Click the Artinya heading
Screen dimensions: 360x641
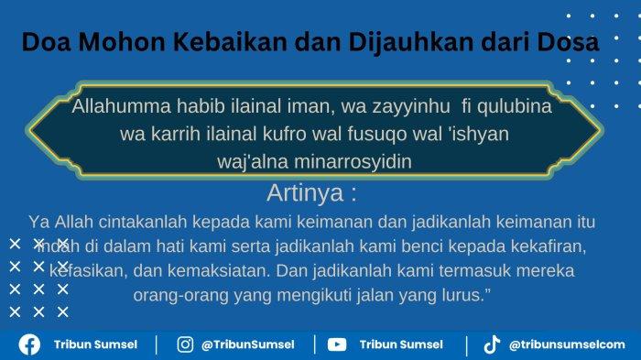311,193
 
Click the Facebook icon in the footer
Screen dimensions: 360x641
28,344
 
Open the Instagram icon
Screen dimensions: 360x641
185,344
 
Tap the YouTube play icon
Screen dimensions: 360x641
337,344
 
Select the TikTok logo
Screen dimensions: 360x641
492,344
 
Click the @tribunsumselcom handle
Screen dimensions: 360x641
568,344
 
